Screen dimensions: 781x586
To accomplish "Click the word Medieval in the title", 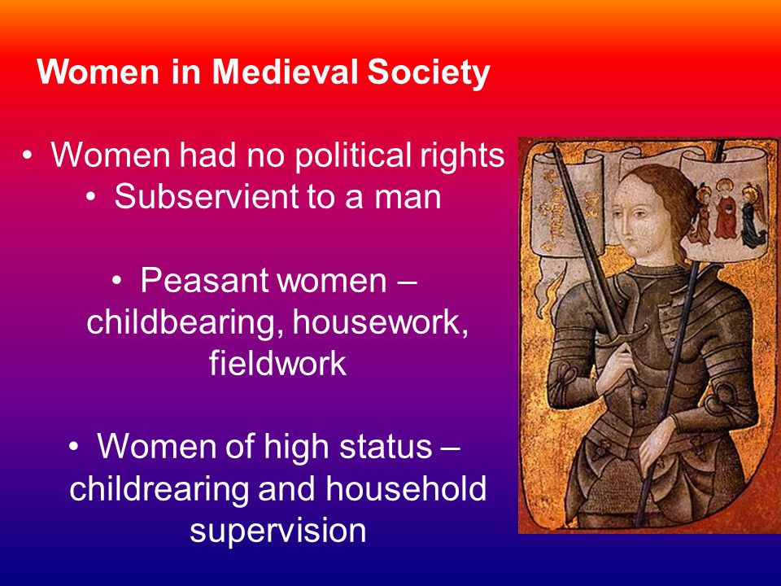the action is tap(285, 72).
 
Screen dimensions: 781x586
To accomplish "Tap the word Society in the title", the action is tap(429, 72).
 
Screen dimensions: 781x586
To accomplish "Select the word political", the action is tap(352, 155).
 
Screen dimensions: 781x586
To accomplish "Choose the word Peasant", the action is tap(205, 280).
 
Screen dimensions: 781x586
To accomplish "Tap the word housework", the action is tap(380, 322).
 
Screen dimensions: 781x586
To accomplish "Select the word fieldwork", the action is tap(277, 363).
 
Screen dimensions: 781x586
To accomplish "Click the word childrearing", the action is tap(159, 489).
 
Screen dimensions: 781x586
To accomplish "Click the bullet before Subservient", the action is tap(90, 197).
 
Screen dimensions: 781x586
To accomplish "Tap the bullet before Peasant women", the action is tap(116, 281).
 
